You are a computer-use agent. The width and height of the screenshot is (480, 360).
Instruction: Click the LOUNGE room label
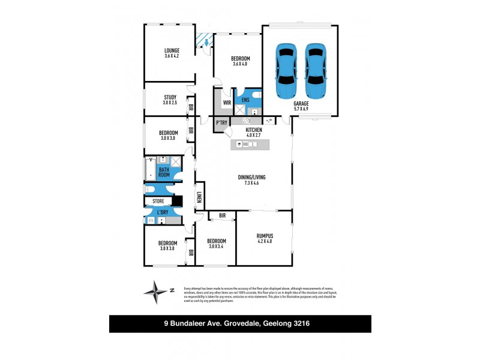pos(172,50)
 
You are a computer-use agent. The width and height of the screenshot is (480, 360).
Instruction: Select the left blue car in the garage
pos(285,71)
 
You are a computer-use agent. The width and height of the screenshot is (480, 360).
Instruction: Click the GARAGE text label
pos(301,103)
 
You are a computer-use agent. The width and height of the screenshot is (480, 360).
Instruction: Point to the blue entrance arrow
pos(206,43)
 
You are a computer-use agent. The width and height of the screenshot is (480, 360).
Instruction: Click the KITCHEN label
pos(254,130)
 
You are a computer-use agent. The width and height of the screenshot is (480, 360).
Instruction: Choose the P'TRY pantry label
pos(221,123)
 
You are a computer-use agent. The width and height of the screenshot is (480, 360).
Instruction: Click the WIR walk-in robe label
pos(227,103)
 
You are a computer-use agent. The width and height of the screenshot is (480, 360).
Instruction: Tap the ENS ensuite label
pos(245,101)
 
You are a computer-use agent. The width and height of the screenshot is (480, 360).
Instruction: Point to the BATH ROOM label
pos(164,173)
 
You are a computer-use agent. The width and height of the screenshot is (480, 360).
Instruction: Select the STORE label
pos(158,201)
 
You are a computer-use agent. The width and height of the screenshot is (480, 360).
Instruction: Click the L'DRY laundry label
pos(163,212)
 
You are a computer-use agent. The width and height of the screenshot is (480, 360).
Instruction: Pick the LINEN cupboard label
pos(199,196)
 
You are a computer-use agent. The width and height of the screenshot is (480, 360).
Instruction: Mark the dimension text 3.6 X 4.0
pos(240,64)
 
